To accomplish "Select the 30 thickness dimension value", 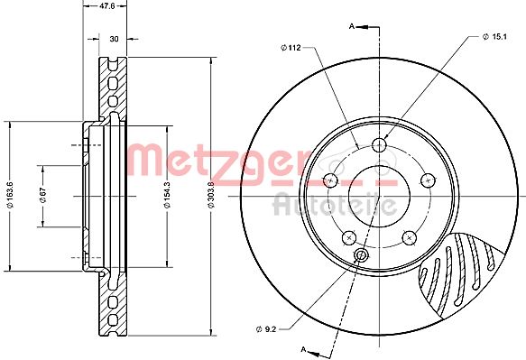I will click(x=113, y=39).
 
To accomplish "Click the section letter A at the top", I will click(x=352, y=26).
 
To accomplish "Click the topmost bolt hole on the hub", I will click(x=379, y=144).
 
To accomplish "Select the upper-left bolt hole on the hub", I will click(x=330, y=180).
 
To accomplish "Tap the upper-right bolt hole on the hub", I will click(x=427, y=180).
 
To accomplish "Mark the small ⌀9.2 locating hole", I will click(x=362, y=256).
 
